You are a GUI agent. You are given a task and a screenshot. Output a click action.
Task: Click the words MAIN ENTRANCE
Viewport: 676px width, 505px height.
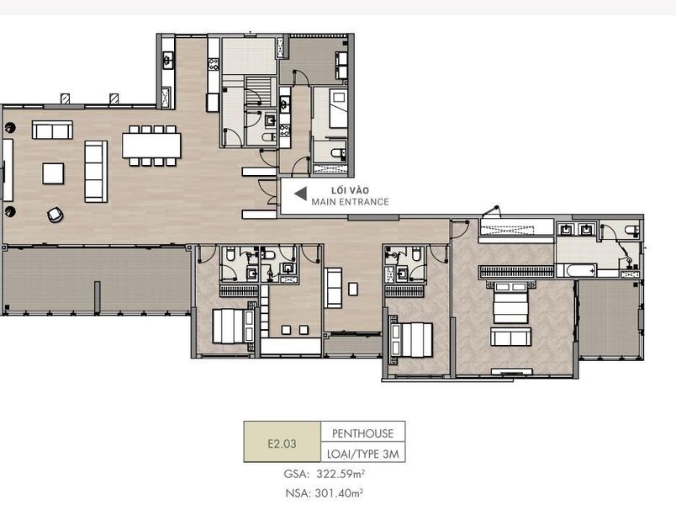[350, 202]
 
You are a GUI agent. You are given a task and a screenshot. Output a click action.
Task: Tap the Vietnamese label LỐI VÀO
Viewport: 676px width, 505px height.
[349, 191]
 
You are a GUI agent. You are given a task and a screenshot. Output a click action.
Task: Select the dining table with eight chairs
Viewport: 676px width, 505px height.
[151, 146]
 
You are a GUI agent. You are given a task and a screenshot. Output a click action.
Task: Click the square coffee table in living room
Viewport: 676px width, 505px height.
[54, 173]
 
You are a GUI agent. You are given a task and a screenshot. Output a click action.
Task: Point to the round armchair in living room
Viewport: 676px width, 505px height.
[55, 215]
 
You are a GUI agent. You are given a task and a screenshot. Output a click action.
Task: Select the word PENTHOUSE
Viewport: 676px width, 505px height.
[362, 433]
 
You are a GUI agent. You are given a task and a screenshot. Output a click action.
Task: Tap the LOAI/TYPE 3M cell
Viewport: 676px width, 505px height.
[362, 453]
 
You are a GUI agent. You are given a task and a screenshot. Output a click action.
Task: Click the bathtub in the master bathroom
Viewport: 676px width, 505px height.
[577, 271]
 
